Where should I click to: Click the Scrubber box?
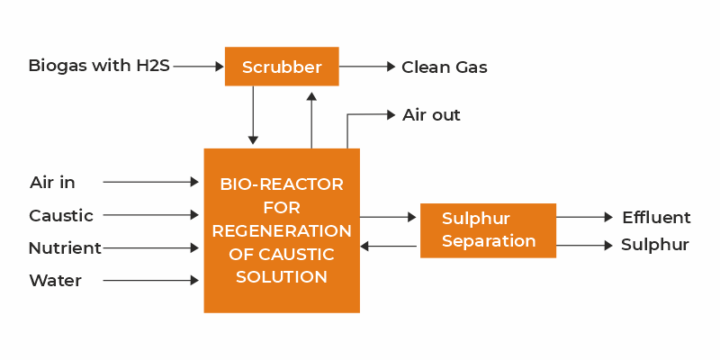pos(282,67)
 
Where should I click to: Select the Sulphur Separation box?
pos(488,230)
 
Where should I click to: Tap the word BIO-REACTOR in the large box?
pos(282,184)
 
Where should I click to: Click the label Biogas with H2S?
pos(99,66)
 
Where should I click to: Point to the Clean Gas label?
pos(445,67)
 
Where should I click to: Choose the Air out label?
pos(431,115)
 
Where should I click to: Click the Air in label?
pos(52,183)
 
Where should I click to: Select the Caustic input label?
pos(61,216)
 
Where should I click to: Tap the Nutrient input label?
pos(65,248)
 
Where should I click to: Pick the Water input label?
pos(56,281)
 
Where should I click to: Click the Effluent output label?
pos(656,218)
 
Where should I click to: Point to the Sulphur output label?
pos(655,245)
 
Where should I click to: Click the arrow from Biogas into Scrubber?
pos(198,67)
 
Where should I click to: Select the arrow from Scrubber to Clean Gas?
pos(367,67)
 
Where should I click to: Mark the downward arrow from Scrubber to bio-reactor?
pos(253,115)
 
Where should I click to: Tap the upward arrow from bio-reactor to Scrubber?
pos(311,120)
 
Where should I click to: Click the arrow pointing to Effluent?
pos(584,217)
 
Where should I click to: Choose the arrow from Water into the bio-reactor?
pos(150,280)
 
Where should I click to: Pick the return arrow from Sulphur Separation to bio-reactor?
pos(389,247)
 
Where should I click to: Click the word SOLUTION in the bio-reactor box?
pos(282,277)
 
